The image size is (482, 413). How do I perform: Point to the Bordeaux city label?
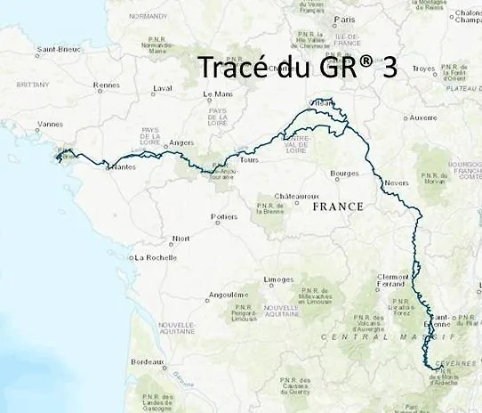click(147, 362)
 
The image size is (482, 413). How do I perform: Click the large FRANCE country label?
click(339, 206)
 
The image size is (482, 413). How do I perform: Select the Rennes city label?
click(107, 85)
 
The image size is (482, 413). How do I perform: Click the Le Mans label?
click(218, 93)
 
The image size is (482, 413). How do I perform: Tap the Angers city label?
click(181, 142)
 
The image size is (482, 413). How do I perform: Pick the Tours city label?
click(248, 160)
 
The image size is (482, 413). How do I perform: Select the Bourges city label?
click(343, 173)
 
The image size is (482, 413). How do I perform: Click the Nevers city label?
click(397, 183)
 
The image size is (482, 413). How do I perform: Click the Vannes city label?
click(51, 125)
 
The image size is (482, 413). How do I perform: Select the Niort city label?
click(181, 239)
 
